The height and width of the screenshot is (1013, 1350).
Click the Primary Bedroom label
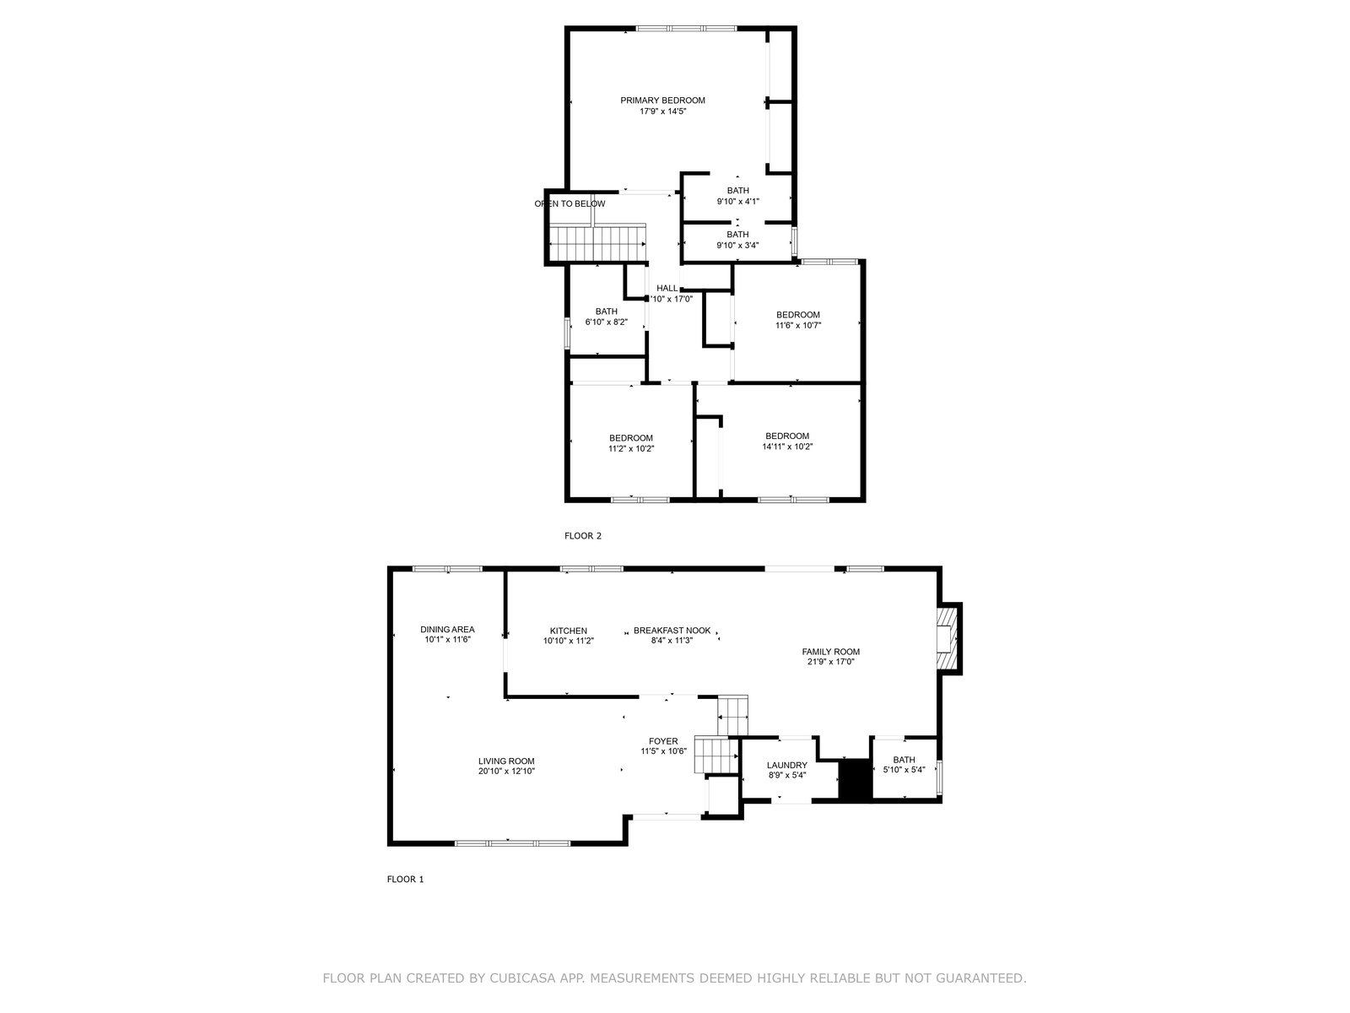click(x=662, y=100)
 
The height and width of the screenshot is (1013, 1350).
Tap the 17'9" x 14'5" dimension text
click(x=662, y=111)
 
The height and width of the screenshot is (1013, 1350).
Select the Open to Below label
click(x=570, y=203)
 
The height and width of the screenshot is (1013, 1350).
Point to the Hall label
click(x=667, y=288)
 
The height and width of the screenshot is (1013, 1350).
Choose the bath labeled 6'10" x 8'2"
click(x=607, y=316)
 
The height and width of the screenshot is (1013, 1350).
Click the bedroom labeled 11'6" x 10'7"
click(x=797, y=320)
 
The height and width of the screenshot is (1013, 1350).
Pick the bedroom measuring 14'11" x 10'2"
click(x=787, y=441)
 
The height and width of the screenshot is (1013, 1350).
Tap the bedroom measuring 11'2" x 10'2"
click(x=631, y=443)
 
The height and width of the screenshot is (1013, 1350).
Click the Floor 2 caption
click(x=582, y=536)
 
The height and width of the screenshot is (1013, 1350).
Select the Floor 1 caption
click(x=405, y=879)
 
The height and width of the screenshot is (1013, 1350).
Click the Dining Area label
click(x=447, y=629)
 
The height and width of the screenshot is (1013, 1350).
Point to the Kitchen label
click(x=569, y=631)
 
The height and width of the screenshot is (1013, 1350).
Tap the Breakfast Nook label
click(x=672, y=631)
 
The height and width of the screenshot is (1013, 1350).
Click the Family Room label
click(x=830, y=652)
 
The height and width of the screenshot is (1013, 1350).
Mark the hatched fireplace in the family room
click(x=948, y=638)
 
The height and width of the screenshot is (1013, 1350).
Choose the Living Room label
click(x=506, y=761)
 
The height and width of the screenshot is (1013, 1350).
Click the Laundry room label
click(x=786, y=765)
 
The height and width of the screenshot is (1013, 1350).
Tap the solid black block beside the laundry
click(x=856, y=780)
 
